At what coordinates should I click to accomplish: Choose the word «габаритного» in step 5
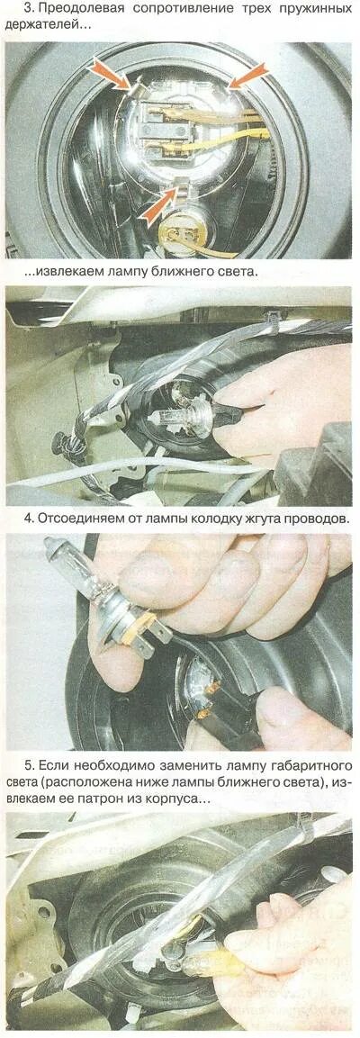pyautogui.click(x=310, y=767)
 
